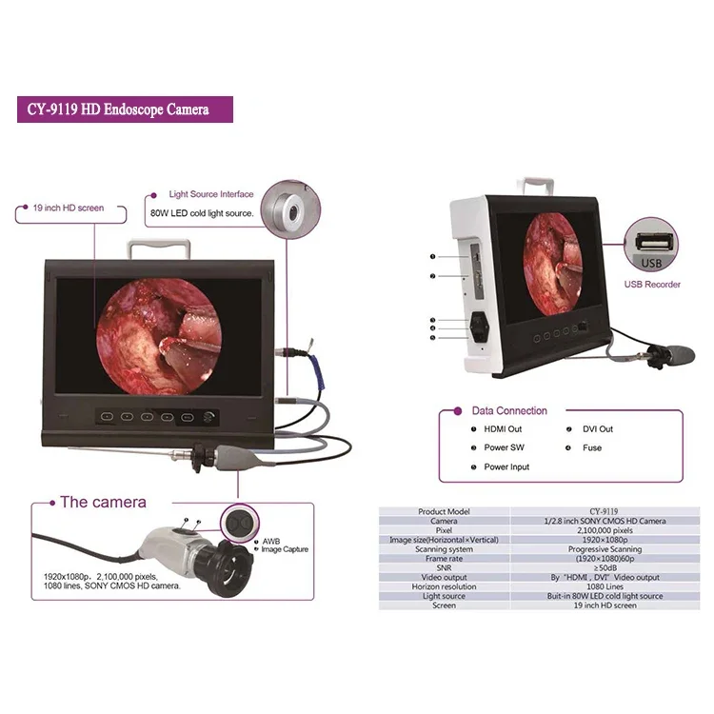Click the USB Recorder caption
(x=652, y=284)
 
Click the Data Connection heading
(x=509, y=411)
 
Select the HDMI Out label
(x=503, y=429)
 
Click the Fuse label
(x=592, y=447)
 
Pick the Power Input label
(x=506, y=466)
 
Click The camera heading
(x=103, y=502)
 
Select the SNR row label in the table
(x=445, y=568)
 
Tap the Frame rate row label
(x=445, y=559)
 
